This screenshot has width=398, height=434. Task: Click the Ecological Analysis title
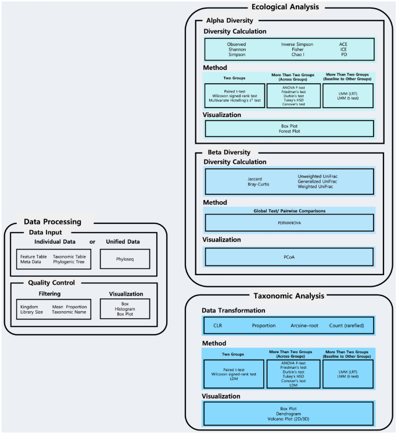point(289,7)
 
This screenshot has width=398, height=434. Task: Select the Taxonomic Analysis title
point(289,296)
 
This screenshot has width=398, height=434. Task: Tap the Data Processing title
point(52,221)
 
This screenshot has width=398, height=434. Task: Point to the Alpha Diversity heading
point(230,20)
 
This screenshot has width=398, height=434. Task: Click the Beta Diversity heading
point(228,152)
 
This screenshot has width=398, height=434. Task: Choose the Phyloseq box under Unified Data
point(124,259)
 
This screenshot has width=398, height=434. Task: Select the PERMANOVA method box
point(289,223)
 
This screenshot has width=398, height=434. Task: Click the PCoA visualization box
point(289,256)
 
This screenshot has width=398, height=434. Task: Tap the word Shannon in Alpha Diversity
point(236,49)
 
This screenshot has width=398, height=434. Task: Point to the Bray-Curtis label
point(260,184)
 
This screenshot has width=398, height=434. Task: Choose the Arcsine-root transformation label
point(305,325)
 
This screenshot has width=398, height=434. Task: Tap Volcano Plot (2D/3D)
point(289,419)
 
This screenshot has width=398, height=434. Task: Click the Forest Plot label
point(289,131)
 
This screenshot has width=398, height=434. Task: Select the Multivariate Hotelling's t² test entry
point(235,100)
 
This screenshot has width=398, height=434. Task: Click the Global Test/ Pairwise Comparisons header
point(289,210)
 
